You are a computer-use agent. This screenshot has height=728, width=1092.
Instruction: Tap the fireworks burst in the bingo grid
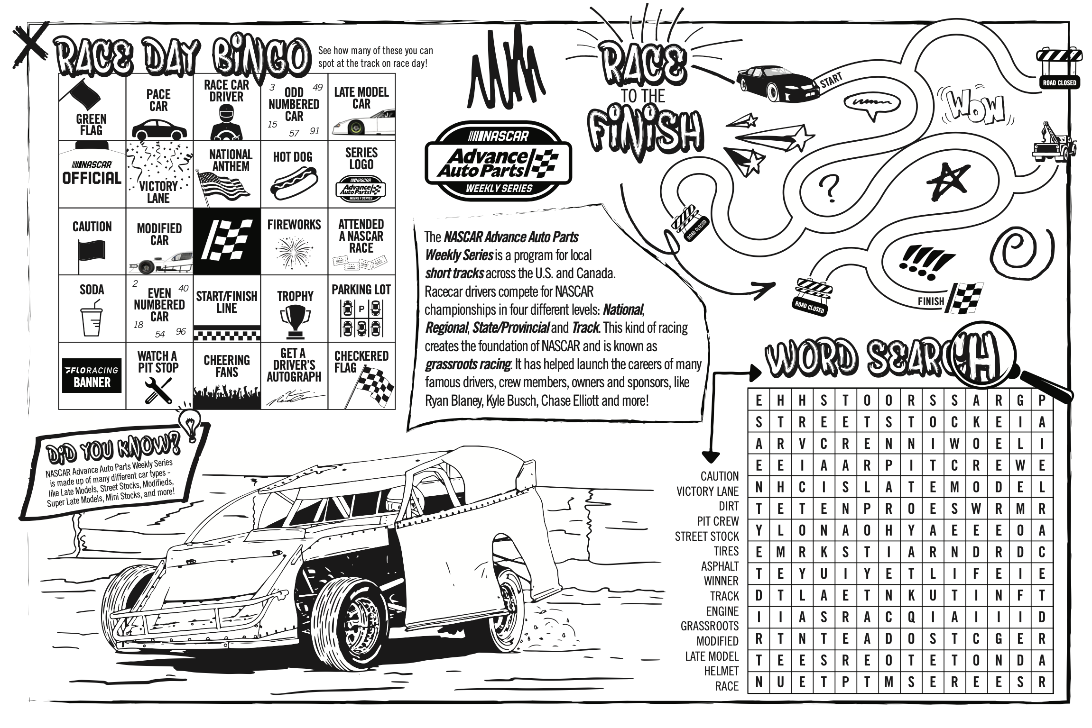[294, 251]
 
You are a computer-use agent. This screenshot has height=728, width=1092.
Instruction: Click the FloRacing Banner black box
[92, 376]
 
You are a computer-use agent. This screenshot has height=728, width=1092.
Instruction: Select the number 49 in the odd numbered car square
[317, 87]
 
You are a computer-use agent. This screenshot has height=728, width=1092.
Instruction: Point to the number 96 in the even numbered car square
[181, 332]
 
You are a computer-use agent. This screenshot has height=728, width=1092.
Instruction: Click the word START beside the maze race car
[831, 80]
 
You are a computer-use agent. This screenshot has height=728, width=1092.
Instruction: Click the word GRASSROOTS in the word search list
[710, 626]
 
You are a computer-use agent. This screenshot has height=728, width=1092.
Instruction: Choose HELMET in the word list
[721, 671]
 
